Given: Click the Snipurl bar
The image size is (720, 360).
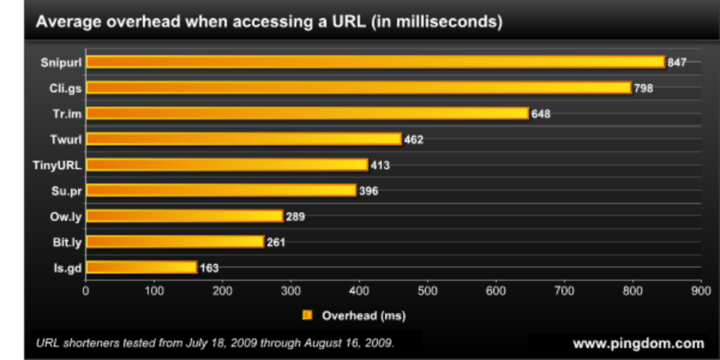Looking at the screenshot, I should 375,62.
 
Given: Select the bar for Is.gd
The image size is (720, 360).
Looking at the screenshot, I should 142,267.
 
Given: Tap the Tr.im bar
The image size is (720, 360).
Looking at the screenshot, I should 307,114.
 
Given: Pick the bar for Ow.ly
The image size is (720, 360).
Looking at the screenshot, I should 184,216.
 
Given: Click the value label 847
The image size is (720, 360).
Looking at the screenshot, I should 677,62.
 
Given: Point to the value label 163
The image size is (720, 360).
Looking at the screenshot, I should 209,268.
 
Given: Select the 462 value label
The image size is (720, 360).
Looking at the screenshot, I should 413,139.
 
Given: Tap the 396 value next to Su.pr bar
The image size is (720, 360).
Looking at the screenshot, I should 368,191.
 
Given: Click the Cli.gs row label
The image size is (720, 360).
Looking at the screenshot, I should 66,88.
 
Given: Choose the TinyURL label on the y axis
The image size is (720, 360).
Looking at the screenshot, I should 57,165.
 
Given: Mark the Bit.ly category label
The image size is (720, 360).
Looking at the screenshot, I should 67,242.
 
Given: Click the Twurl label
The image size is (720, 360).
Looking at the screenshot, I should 66,139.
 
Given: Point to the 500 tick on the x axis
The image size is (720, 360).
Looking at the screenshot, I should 427,291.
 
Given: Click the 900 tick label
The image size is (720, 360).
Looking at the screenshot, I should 701,291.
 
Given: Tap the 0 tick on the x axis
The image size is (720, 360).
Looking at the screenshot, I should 85,291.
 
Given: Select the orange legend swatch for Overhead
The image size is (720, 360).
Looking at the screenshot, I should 307,315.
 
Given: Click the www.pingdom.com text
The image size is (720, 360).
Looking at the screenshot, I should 638,343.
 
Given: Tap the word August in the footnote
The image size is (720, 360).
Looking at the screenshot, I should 321,343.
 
